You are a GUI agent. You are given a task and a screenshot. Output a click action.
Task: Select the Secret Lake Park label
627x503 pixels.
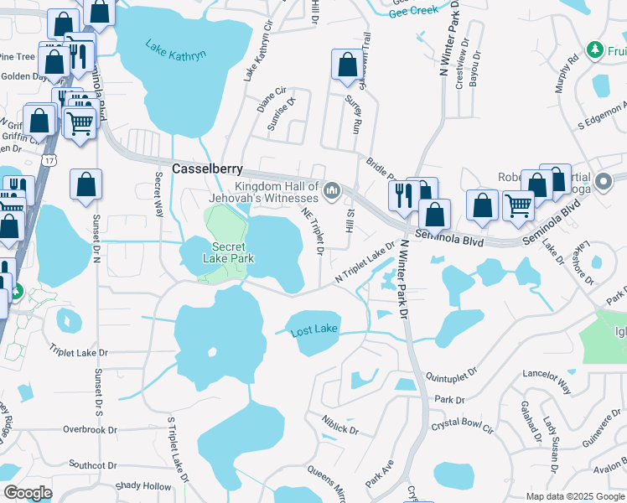coord(228,252)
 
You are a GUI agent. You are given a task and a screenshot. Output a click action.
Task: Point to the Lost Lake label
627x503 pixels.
coord(313,331)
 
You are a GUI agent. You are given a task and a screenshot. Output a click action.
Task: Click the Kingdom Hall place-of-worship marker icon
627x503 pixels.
coord(333,192)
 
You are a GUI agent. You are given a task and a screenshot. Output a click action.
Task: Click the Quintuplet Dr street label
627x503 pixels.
coord(451,370)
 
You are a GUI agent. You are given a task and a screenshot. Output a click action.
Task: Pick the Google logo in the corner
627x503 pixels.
coord(28,493)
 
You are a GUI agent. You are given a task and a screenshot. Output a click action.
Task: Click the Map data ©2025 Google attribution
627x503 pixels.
coord(574,496)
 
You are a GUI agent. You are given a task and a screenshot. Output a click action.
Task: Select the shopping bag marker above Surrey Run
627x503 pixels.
coord(347,65)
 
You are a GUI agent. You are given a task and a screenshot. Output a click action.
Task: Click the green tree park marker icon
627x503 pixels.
coord(596,50)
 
